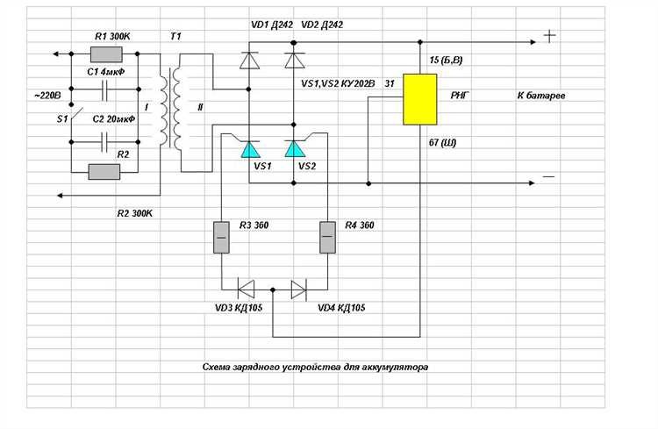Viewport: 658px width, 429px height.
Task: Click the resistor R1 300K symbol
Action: (x=111, y=54)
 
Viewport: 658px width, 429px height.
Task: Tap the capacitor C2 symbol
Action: (x=106, y=137)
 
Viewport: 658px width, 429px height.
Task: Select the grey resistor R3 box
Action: (x=219, y=237)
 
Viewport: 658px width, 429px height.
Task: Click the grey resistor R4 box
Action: (x=326, y=237)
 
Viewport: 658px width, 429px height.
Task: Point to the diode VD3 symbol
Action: (x=247, y=286)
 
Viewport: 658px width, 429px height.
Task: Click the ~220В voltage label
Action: (x=46, y=96)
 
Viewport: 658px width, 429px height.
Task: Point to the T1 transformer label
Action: (x=176, y=36)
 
